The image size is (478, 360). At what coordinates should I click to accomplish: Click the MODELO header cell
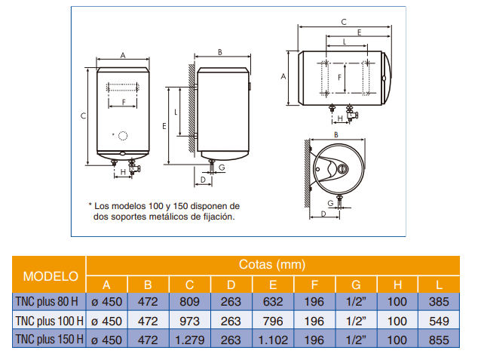tap(51, 275)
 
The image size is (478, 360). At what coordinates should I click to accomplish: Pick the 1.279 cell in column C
tap(189, 340)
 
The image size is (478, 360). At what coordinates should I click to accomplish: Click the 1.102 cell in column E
tap(272, 340)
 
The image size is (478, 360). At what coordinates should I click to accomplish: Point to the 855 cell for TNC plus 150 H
tap(438, 340)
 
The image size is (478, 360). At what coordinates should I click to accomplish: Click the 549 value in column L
tap(438, 322)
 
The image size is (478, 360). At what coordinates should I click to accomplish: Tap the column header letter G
tap(355, 285)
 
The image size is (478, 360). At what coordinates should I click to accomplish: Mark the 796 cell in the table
tap(272, 322)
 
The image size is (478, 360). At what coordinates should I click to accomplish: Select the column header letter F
tap(314, 285)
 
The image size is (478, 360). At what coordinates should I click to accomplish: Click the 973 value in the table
tap(189, 322)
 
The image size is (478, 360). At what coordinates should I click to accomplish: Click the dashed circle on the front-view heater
tap(122, 136)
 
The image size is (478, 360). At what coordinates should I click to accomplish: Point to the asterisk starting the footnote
tap(90, 205)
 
